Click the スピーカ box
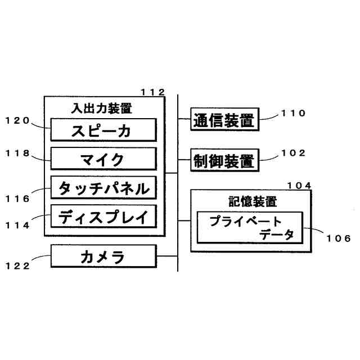coord(102,130)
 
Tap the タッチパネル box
coord(102,188)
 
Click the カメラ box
coord(102,256)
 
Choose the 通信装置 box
coord(223,119)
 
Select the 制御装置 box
coord(223,160)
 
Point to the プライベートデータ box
coord(249,228)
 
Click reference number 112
coord(152,92)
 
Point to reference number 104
coord(299,185)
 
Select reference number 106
coord(338,238)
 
